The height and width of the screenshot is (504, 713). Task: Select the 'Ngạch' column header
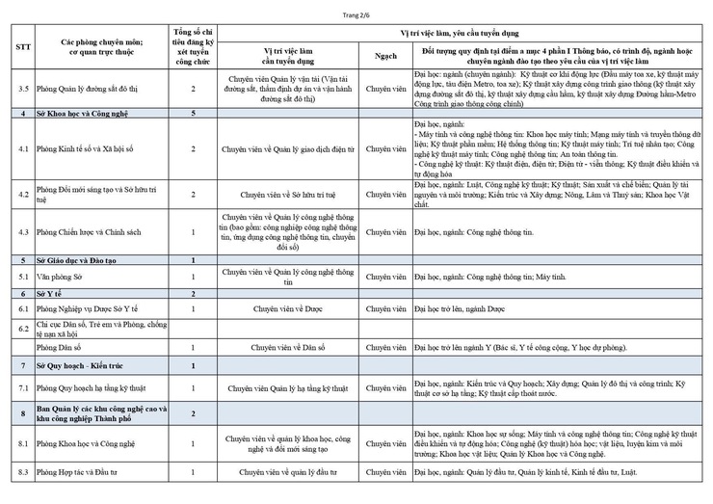click(x=385, y=56)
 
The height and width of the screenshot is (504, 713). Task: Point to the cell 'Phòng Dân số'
click(x=59, y=346)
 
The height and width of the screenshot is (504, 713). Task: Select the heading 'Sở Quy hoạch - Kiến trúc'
click(x=77, y=366)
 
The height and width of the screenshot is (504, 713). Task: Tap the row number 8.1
click(x=22, y=442)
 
